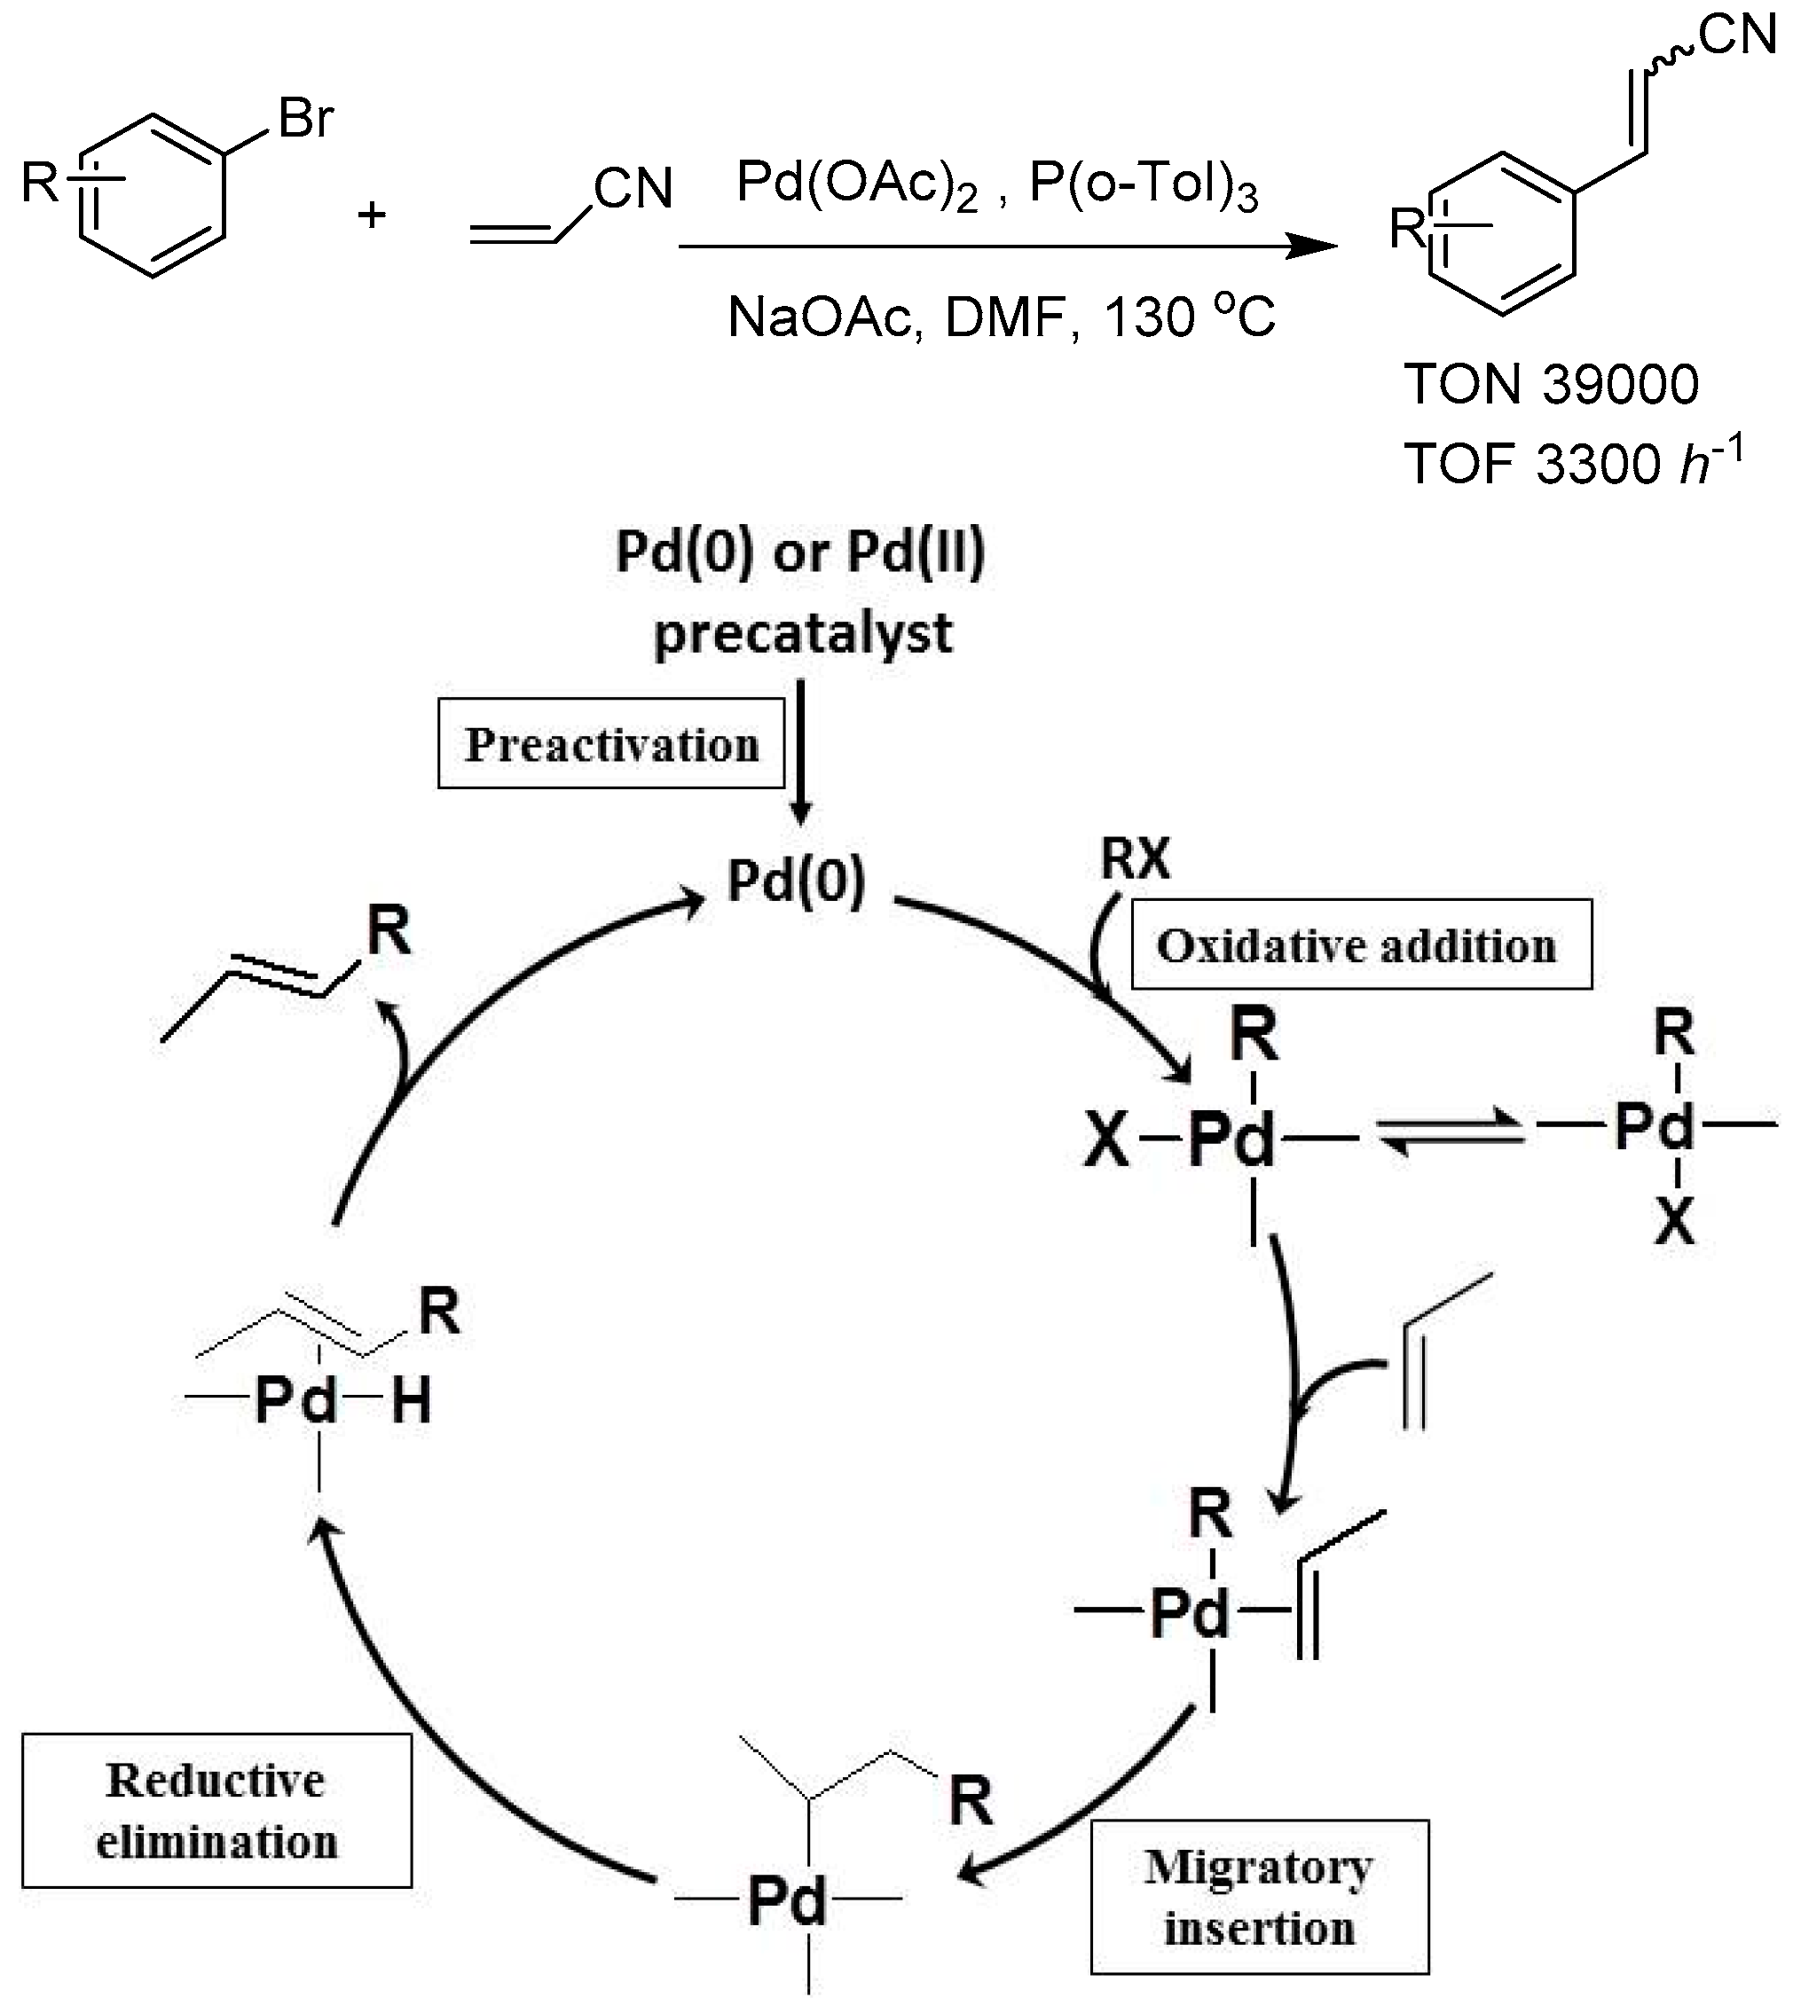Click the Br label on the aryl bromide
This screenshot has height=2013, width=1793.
point(305,119)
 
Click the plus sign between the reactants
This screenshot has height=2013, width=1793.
point(372,215)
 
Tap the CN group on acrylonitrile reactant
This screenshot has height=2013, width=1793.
point(633,188)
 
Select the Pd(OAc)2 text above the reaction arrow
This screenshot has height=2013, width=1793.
point(856,184)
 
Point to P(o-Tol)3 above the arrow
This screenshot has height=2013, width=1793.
point(1143,184)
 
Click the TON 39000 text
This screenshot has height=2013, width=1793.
point(1552,384)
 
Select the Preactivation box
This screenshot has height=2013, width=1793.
point(610,745)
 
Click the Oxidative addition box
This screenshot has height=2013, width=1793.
point(1361,945)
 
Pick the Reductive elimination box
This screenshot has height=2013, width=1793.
point(216,1811)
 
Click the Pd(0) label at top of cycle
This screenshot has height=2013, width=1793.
point(796,881)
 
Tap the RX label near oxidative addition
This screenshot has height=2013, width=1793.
point(1135,858)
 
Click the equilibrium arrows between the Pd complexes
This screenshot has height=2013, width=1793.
point(1451,1138)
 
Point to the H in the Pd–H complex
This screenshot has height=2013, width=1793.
point(411,1400)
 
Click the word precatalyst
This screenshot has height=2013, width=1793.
point(803,633)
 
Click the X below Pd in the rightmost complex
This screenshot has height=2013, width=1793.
point(1674,1224)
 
